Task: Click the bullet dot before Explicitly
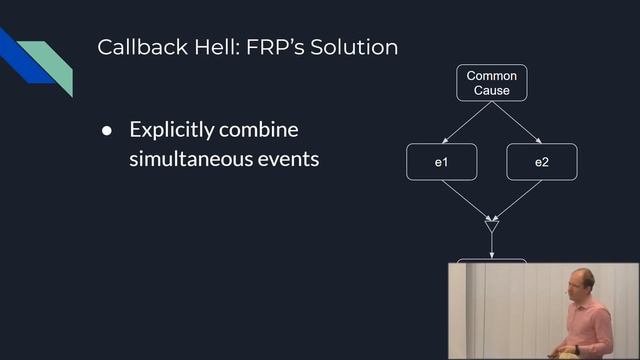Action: pyautogui.click(x=107, y=132)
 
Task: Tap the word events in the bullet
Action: pyautogui.click(x=290, y=158)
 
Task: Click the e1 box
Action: pyautogui.click(x=440, y=162)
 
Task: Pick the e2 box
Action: pyautogui.click(x=541, y=162)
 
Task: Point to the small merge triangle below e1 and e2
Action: pyautogui.click(x=491, y=227)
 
